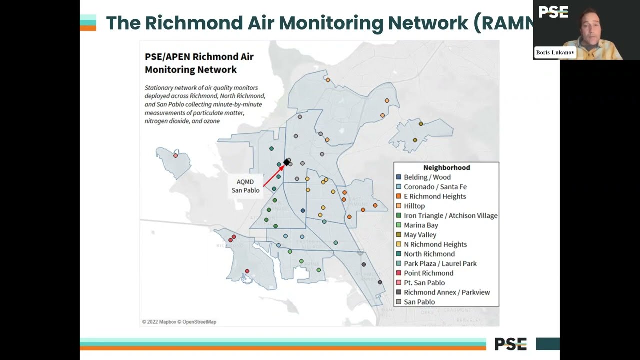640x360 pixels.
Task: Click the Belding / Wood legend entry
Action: [x=427, y=177]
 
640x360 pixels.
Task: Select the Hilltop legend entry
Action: [x=414, y=206]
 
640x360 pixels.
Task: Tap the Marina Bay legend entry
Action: [x=420, y=225]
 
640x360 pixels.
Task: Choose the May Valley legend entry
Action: [x=420, y=235]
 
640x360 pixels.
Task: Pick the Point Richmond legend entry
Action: [x=428, y=273]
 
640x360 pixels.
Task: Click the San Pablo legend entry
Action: [x=419, y=302]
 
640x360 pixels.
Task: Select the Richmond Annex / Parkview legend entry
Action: [x=446, y=292]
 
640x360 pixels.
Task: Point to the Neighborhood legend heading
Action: [x=446, y=168]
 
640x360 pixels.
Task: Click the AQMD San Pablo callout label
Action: [x=245, y=186]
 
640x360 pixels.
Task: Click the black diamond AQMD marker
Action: [x=286, y=162]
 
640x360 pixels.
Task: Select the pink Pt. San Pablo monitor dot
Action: [x=175, y=156]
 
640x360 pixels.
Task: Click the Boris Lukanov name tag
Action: [x=555, y=52]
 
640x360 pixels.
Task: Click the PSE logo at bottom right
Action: [x=510, y=344]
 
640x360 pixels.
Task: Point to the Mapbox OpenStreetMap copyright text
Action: [x=179, y=322]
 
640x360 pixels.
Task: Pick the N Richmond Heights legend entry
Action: [x=435, y=244]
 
